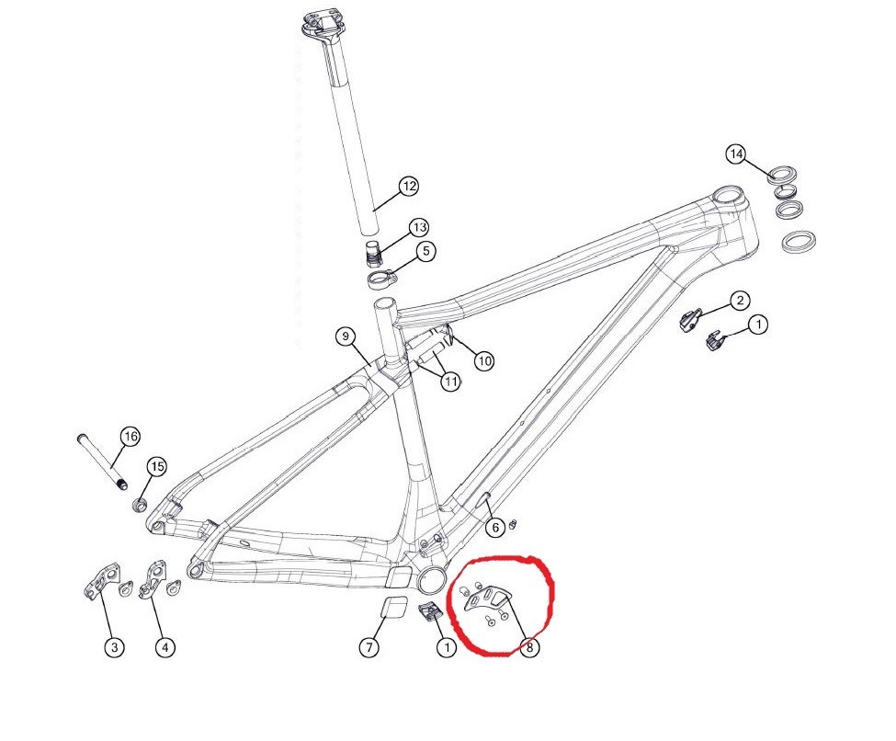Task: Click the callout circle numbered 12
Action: pyautogui.click(x=408, y=186)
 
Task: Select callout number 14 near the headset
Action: pyautogui.click(x=736, y=154)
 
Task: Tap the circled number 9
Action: pyautogui.click(x=346, y=336)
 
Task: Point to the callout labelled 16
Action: pyautogui.click(x=130, y=437)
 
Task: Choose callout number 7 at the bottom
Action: pyautogui.click(x=369, y=647)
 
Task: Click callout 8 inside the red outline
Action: pyautogui.click(x=529, y=648)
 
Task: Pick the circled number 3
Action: pyautogui.click(x=115, y=647)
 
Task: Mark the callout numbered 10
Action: pyautogui.click(x=484, y=360)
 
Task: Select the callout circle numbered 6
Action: pyautogui.click(x=495, y=527)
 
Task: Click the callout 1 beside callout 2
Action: pyautogui.click(x=758, y=325)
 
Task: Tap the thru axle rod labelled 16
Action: pyautogui.click(x=100, y=462)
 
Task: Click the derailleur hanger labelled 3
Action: pyautogui.click(x=102, y=580)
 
